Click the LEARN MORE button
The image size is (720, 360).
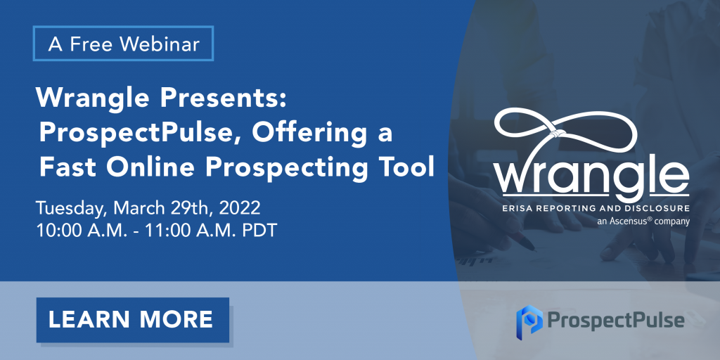point(133,320)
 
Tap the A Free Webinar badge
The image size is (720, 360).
point(123,44)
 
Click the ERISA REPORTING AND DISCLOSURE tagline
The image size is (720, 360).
point(595,208)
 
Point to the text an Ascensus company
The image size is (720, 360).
point(643,221)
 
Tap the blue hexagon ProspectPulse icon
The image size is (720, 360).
point(529,319)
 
